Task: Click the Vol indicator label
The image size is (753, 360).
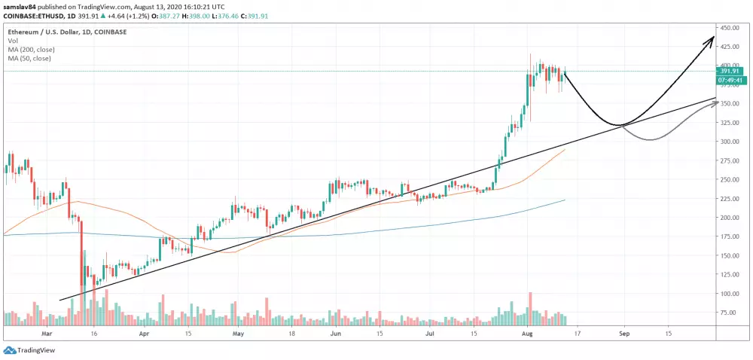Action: (x=13, y=41)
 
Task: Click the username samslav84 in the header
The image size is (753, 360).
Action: (x=20, y=5)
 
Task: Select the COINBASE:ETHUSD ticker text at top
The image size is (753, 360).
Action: (x=31, y=14)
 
